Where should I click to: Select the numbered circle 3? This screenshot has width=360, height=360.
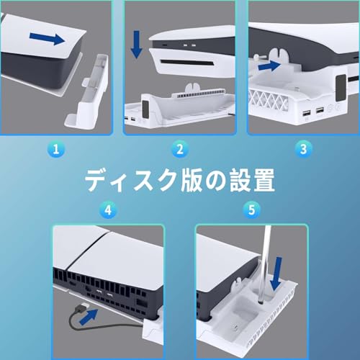[301, 149]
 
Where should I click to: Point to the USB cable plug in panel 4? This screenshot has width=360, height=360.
[81, 315]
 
